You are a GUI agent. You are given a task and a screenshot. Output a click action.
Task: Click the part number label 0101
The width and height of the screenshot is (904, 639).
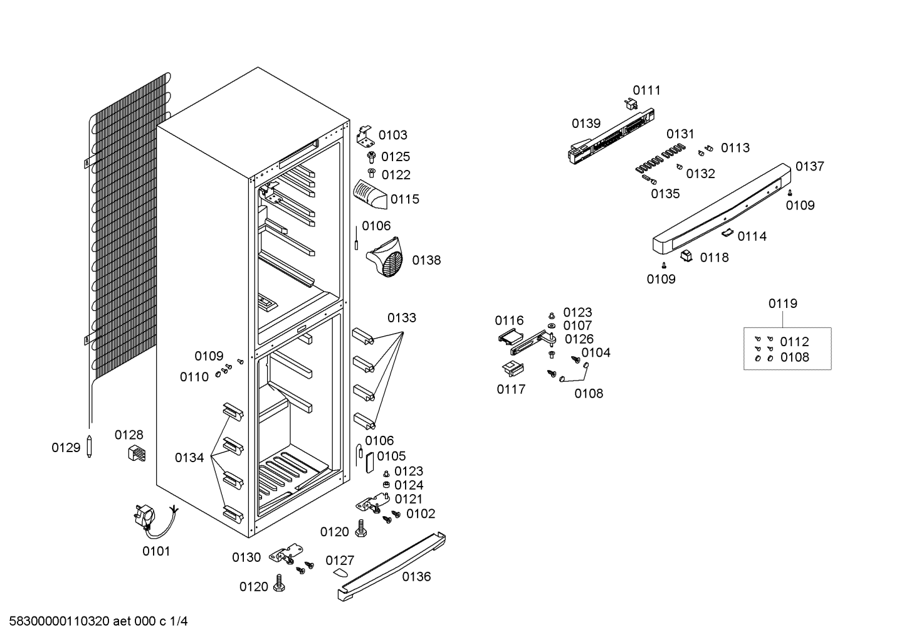pos(156,551)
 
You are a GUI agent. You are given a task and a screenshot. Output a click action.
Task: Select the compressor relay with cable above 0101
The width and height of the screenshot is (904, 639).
pos(155,521)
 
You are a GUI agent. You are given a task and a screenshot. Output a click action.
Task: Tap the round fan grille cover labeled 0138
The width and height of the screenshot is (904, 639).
pos(385,258)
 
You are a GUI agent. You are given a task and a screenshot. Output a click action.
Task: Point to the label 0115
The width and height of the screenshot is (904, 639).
pos(405,199)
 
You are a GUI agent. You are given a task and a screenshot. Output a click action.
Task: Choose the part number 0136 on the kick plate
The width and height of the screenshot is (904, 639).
pos(416,576)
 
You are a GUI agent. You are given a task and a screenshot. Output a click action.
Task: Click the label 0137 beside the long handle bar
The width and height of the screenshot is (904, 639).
pos(809,166)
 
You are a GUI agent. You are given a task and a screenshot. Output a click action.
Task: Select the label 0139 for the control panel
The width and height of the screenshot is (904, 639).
pos(586,123)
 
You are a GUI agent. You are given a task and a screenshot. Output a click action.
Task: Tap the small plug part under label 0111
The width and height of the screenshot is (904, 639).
pos(631,105)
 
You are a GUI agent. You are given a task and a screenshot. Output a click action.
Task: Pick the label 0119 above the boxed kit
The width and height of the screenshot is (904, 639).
pos(782,303)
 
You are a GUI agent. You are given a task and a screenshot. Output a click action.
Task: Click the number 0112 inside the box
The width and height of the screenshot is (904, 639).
pos(794,342)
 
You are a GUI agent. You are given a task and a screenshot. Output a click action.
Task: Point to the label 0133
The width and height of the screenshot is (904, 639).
pos(402,318)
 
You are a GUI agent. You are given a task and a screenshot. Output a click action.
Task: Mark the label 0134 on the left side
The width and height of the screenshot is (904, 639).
pos(189,457)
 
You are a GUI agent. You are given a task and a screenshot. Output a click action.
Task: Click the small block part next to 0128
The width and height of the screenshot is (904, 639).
pos(137,453)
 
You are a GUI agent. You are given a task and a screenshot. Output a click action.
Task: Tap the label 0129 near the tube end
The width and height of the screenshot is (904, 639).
pos(66,447)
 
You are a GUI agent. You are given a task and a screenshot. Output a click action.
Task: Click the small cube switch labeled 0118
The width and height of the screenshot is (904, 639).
pos(686,255)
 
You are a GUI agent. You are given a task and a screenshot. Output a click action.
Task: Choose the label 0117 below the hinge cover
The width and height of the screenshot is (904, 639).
pos(511,389)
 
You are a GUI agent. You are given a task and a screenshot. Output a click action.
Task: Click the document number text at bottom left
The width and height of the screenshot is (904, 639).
pos(98,621)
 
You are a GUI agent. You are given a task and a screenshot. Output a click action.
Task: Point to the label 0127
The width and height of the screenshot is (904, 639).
pos(340,560)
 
